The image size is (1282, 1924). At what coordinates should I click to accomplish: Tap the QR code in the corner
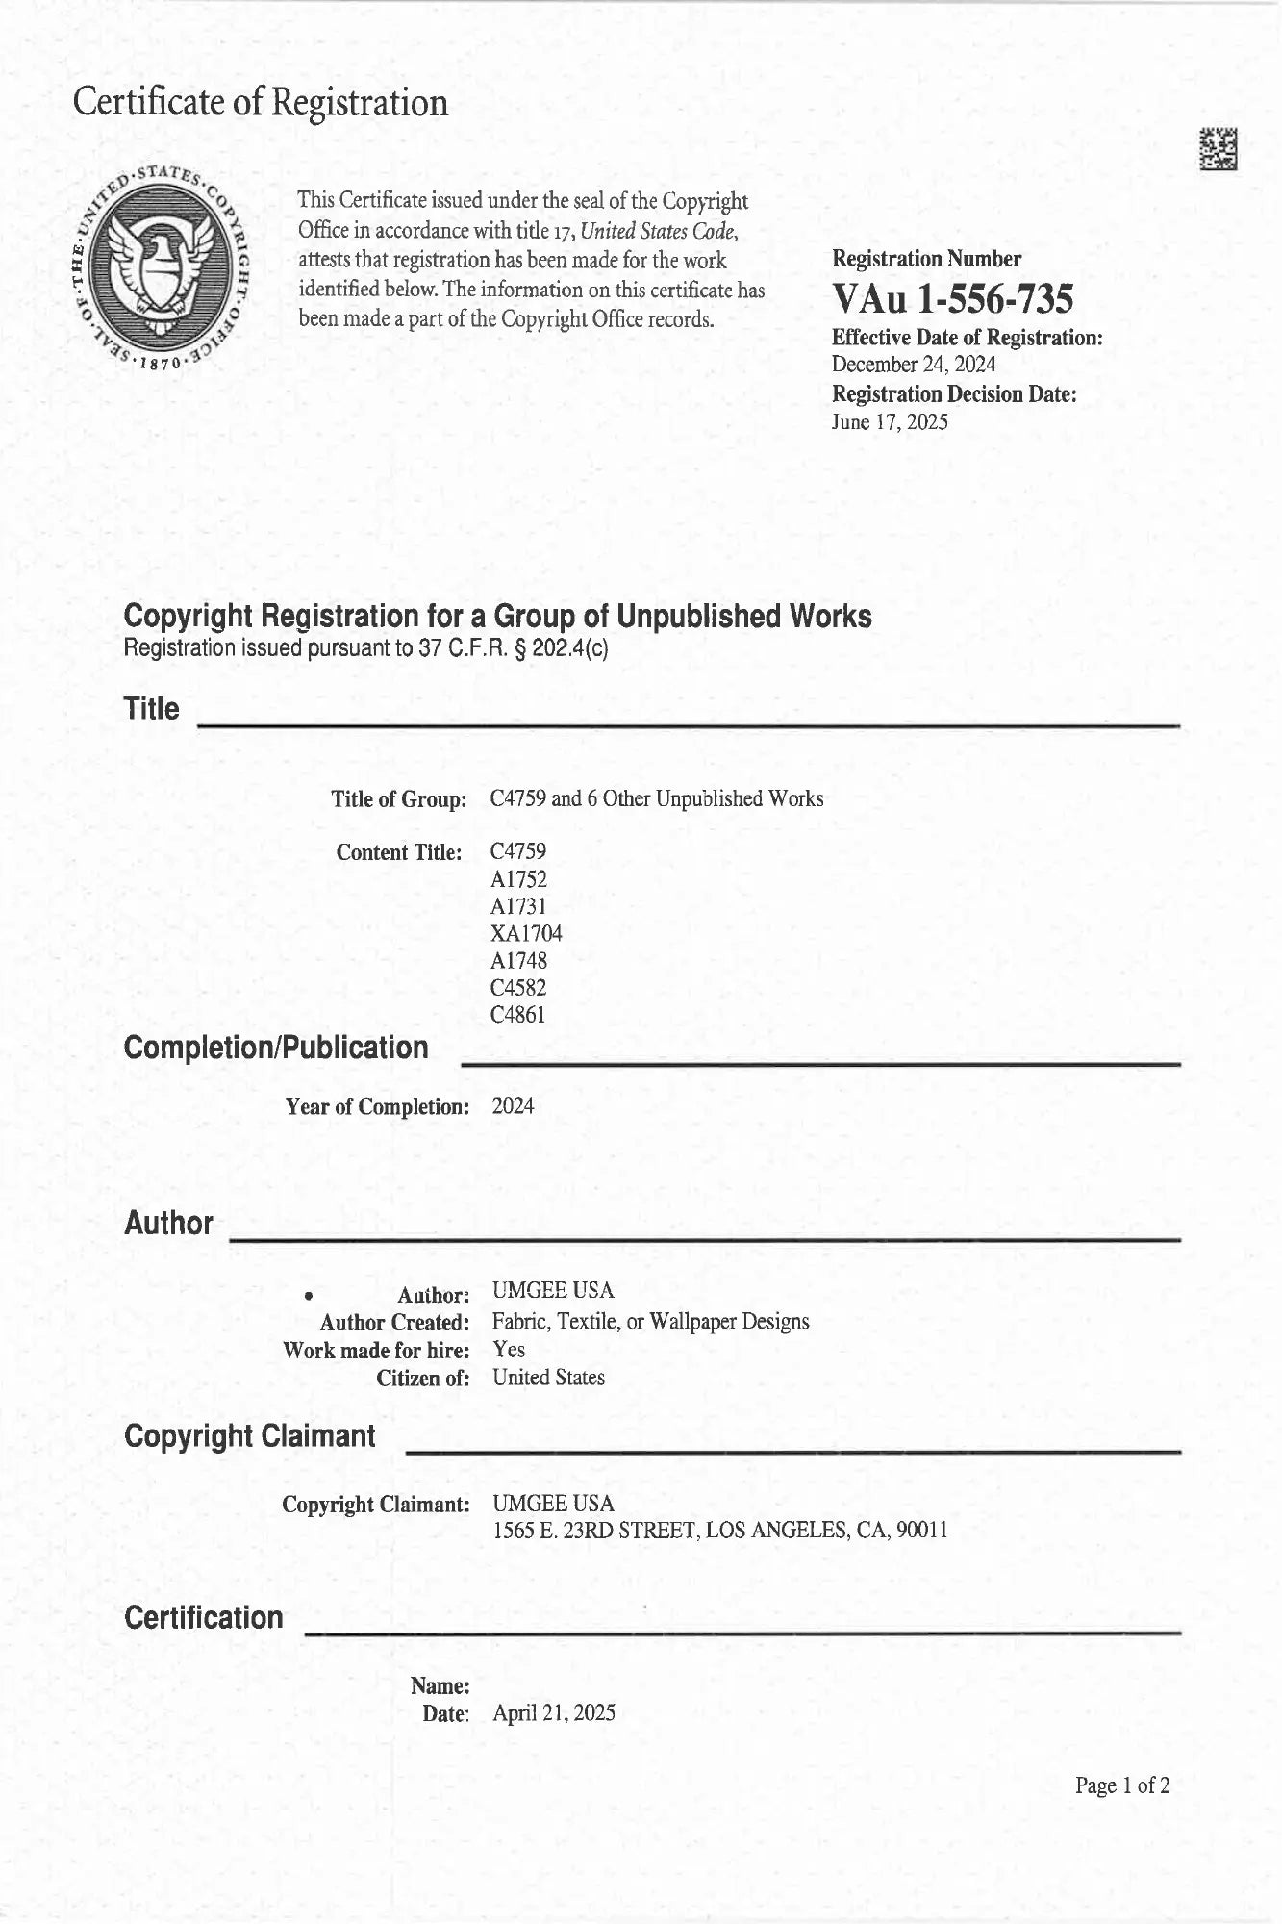pos(1218,149)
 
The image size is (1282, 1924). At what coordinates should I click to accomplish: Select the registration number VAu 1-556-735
pos(952,300)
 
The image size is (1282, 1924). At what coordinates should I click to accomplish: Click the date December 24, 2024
pos(914,365)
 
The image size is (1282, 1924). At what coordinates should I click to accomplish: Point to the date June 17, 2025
pos(890,421)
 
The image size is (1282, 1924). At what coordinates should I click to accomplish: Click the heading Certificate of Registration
pos(261,102)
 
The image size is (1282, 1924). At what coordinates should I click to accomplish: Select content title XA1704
pos(526,933)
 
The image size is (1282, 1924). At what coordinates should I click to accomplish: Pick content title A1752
pos(518,878)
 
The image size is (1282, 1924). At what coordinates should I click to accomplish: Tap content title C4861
pos(518,1014)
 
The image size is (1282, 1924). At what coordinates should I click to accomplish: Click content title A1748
pos(518,960)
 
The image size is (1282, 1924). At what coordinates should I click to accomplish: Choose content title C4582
pos(518,987)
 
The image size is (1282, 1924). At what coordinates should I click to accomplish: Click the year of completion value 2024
pos(513,1106)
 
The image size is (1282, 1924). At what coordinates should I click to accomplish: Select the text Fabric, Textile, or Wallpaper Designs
pos(650,1322)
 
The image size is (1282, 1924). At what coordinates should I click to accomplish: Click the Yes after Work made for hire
pos(509,1350)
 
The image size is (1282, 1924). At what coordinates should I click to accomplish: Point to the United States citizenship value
pos(548,1378)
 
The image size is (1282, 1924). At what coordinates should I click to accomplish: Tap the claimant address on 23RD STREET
pos(719,1531)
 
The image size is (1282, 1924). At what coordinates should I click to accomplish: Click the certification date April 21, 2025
pos(553,1712)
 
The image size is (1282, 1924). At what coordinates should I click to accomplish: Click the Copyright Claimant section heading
pos(250,1436)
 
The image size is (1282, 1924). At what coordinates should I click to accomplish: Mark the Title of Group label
pos(399,799)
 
